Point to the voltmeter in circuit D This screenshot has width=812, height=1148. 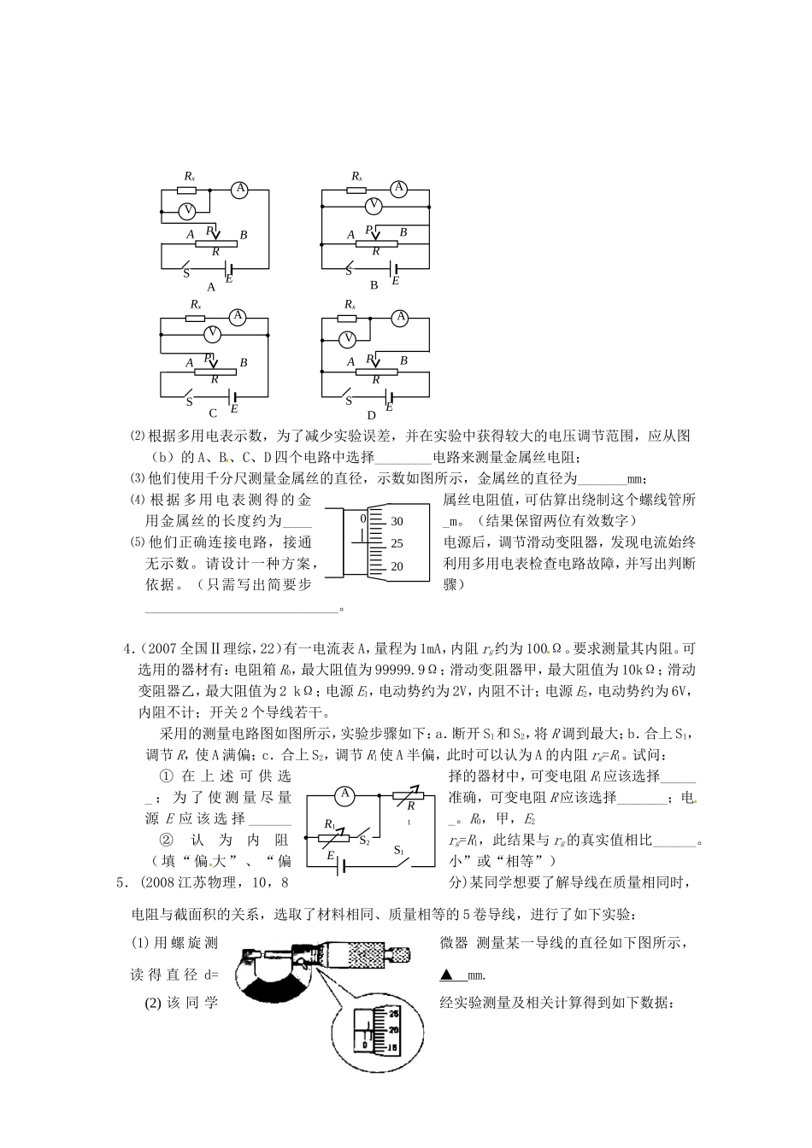click(x=347, y=339)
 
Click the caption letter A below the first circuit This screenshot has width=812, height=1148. click(x=212, y=287)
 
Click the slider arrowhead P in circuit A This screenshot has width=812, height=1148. click(x=215, y=235)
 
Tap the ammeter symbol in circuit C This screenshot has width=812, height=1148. click(x=238, y=317)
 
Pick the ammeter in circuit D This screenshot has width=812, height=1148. click(x=399, y=318)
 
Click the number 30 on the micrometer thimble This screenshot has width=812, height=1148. click(x=397, y=520)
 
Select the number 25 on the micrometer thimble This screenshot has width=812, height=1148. click(x=397, y=543)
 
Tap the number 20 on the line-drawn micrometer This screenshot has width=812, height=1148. click(x=397, y=566)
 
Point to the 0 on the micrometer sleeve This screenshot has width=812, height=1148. click(x=362, y=518)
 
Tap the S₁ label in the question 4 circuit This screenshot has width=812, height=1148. click(x=399, y=850)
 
